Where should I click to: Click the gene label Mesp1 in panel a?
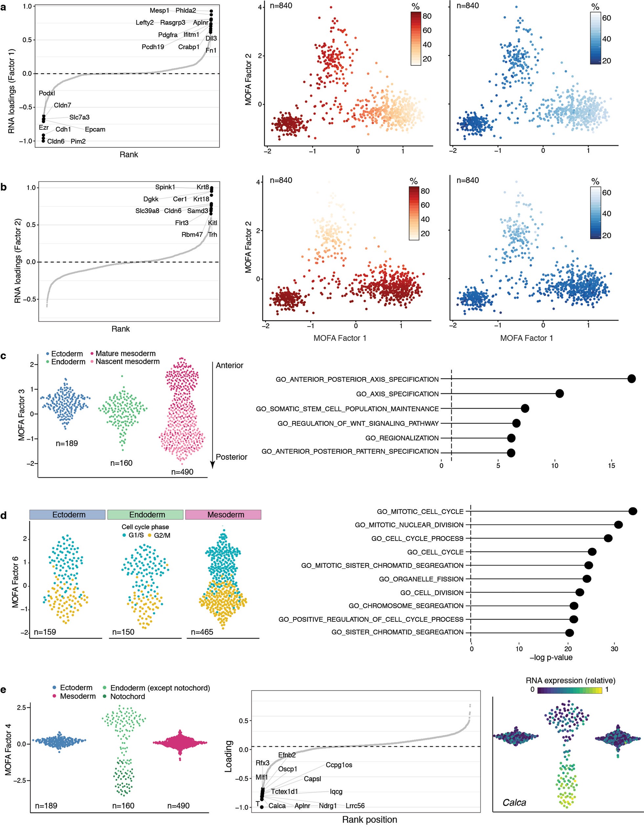coord(160,10)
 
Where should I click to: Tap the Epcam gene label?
coord(95,130)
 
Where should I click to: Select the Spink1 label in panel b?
coord(165,187)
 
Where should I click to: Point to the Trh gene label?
coord(212,235)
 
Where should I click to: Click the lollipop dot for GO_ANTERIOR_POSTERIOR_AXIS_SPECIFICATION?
coord(631,379)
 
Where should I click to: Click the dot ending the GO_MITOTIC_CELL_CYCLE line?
coord(632,511)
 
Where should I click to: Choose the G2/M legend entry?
coord(161,535)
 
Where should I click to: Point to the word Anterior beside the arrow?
coord(229,365)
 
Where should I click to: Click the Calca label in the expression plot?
coord(514,802)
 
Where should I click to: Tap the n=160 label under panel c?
coord(121,463)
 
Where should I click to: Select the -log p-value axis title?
coord(551,657)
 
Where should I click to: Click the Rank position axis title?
coord(369,820)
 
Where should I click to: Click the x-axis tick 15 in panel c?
coord(612,465)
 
